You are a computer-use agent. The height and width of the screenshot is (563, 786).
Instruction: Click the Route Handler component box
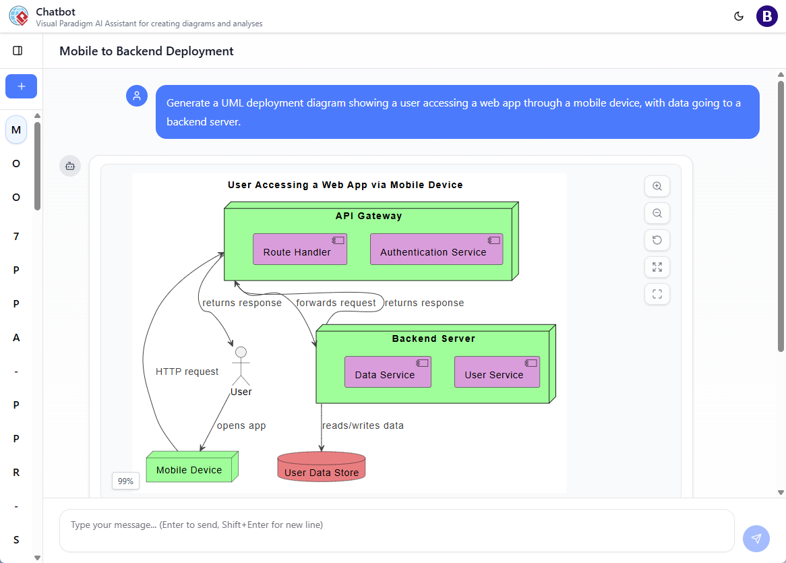[x=300, y=249]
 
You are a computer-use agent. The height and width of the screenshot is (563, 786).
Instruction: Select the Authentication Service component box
[x=436, y=249]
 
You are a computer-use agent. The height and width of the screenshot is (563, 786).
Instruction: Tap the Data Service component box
[x=388, y=372]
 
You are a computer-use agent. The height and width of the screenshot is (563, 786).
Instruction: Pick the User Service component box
[x=497, y=372]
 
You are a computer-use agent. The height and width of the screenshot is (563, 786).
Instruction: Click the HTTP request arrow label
[x=187, y=372]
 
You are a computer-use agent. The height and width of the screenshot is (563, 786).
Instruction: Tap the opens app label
[x=241, y=425]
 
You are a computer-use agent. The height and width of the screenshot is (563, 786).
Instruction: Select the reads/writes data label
[x=363, y=425]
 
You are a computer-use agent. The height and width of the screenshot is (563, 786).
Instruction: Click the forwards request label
[x=336, y=303]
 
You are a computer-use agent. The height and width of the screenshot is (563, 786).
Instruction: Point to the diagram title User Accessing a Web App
[x=345, y=185]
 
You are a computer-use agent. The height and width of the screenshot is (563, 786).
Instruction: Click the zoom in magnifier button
[x=657, y=186]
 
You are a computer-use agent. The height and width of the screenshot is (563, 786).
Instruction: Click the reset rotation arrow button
[x=657, y=240]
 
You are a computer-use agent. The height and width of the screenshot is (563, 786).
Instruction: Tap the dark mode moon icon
[x=739, y=16]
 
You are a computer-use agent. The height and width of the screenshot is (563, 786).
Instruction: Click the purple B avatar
[x=767, y=16]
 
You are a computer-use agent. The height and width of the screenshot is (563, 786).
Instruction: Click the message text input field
[x=396, y=525]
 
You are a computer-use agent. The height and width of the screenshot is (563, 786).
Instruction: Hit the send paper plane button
[x=756, y=538]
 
